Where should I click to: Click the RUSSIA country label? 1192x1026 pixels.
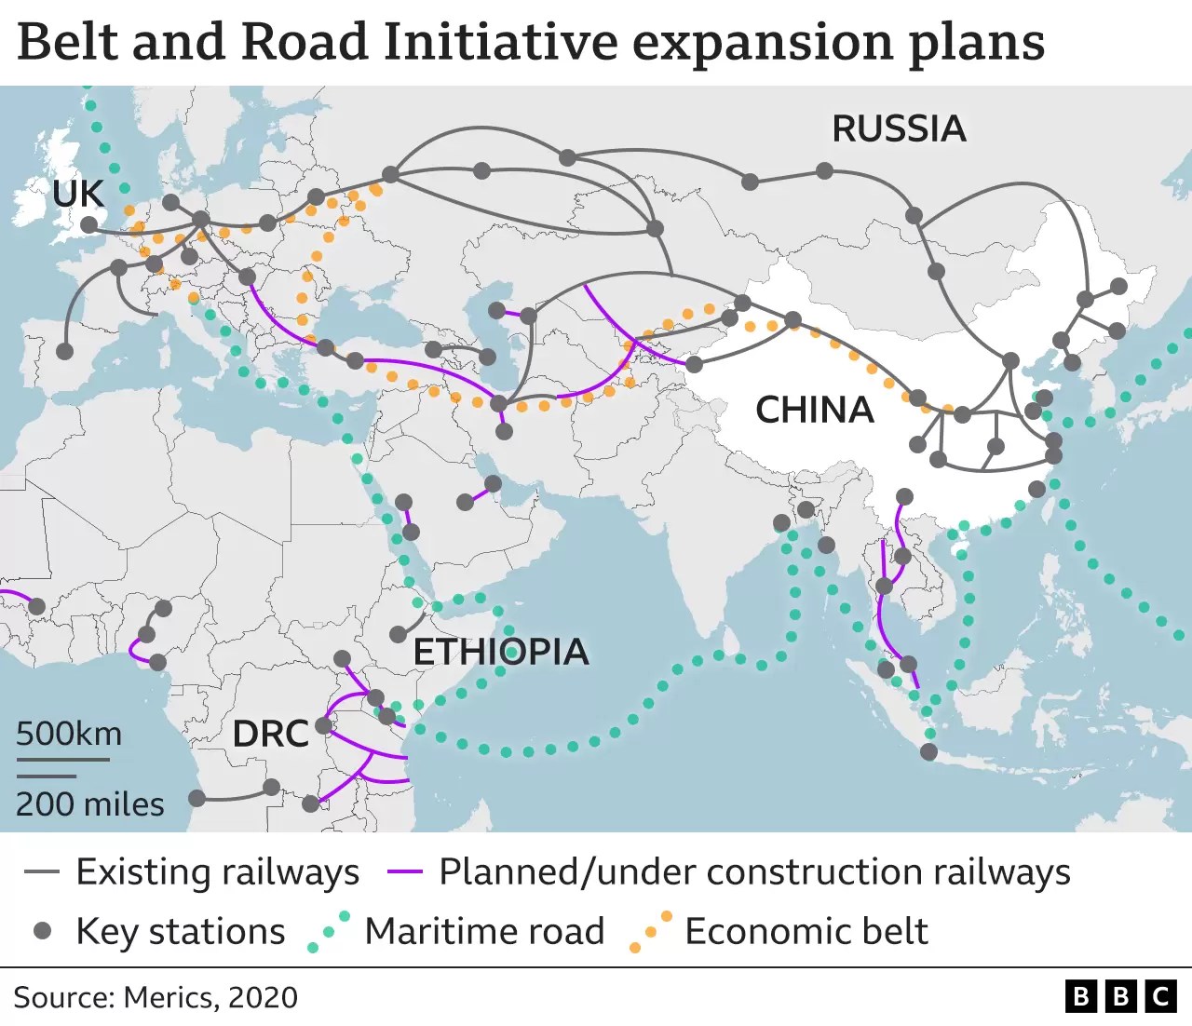click(x=899, y=128)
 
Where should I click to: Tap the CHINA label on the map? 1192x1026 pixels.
click(x=814, y=410)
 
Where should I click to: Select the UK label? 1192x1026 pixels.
click(x=78, y=194)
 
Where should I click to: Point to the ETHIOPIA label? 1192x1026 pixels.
click(x=501, y=652)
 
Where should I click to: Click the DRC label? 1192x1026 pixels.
click(x=270, y=734)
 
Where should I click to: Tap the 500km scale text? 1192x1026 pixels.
click(x=69, y=734)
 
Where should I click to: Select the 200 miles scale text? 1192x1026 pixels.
click(x=90, y=803)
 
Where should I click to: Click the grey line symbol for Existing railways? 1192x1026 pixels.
click(x=42, y=872)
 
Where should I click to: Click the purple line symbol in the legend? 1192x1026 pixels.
click(x=404, y=872)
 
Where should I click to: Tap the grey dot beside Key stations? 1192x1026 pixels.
click(x=42, y=931)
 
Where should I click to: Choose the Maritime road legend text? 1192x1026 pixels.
click(x=484, y=931)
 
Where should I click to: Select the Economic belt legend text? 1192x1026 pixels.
click(x=806, y=931)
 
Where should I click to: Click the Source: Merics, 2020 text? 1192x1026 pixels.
click(x=156, y=997)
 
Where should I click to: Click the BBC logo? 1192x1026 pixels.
click(x=1119, y=996)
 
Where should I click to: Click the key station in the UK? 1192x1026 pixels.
click(x=88, y=225)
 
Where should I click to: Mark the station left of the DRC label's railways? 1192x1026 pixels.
click(x=196, y=798)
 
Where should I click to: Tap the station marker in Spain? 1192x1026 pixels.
click(x=64, y=351)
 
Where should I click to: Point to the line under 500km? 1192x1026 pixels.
click(x=62, y=759)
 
